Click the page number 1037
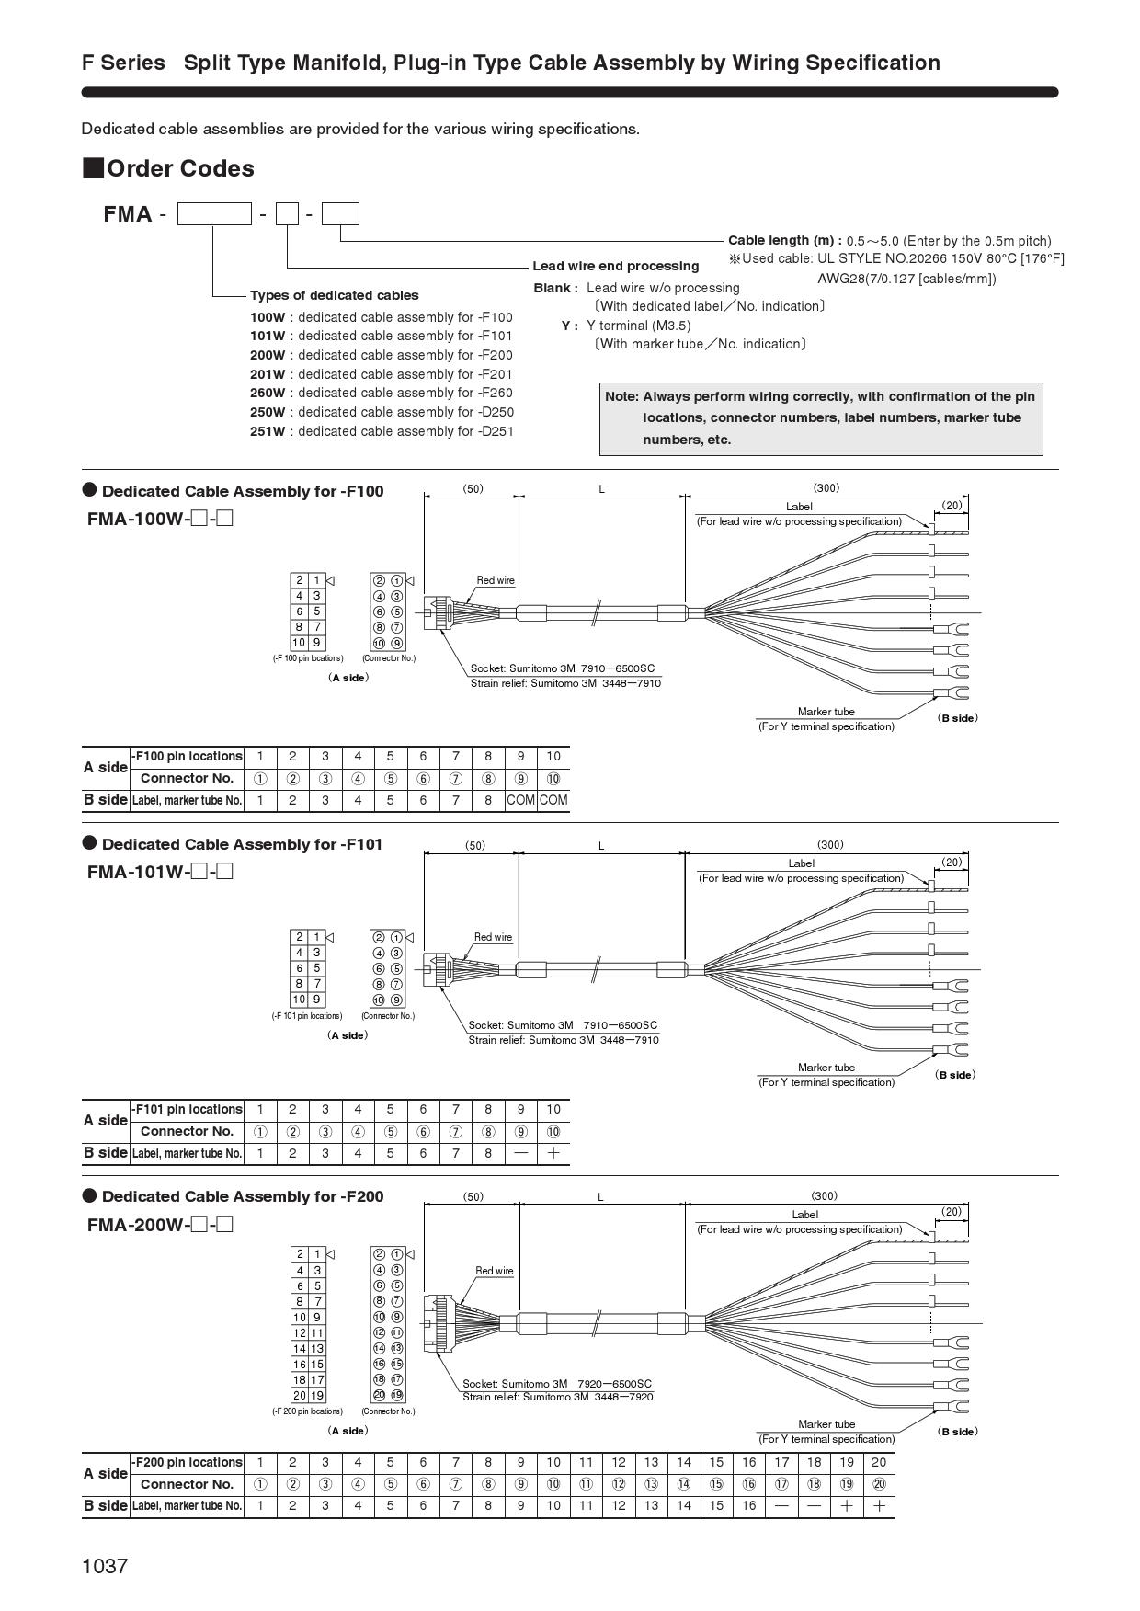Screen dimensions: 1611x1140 105,1566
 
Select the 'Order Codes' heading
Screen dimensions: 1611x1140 180,168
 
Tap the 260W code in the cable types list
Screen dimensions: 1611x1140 268,393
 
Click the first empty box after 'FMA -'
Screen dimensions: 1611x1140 213,214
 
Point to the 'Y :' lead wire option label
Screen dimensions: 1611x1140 569,326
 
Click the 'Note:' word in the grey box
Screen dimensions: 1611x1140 621,396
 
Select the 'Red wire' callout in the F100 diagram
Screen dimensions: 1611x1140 496,580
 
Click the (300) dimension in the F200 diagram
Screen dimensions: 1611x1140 824,1195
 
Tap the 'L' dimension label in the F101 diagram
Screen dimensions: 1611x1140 601,845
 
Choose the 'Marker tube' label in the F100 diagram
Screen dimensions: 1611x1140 826,711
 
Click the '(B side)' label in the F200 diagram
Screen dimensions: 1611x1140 958,1431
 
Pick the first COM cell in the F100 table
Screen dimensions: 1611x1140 520,800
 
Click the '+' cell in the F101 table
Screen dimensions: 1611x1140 553,1153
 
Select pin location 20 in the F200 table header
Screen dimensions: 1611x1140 879,1462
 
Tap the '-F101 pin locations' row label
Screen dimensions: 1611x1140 188,1109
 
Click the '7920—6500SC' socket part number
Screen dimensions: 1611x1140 614,1383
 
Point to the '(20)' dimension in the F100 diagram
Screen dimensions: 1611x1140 952,505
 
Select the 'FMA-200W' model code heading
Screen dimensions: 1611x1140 139,1225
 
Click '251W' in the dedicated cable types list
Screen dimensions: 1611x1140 268,431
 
